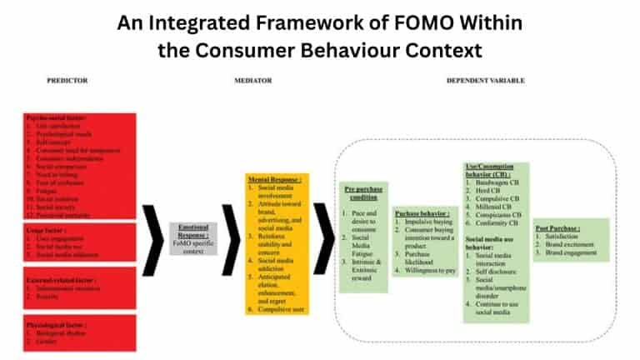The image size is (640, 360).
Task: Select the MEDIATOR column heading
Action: coord(249,81)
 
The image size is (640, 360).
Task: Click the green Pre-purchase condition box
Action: coord(363,237)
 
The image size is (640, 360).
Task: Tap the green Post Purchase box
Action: coord(572,240)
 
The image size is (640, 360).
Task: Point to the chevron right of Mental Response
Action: coord(322,238)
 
